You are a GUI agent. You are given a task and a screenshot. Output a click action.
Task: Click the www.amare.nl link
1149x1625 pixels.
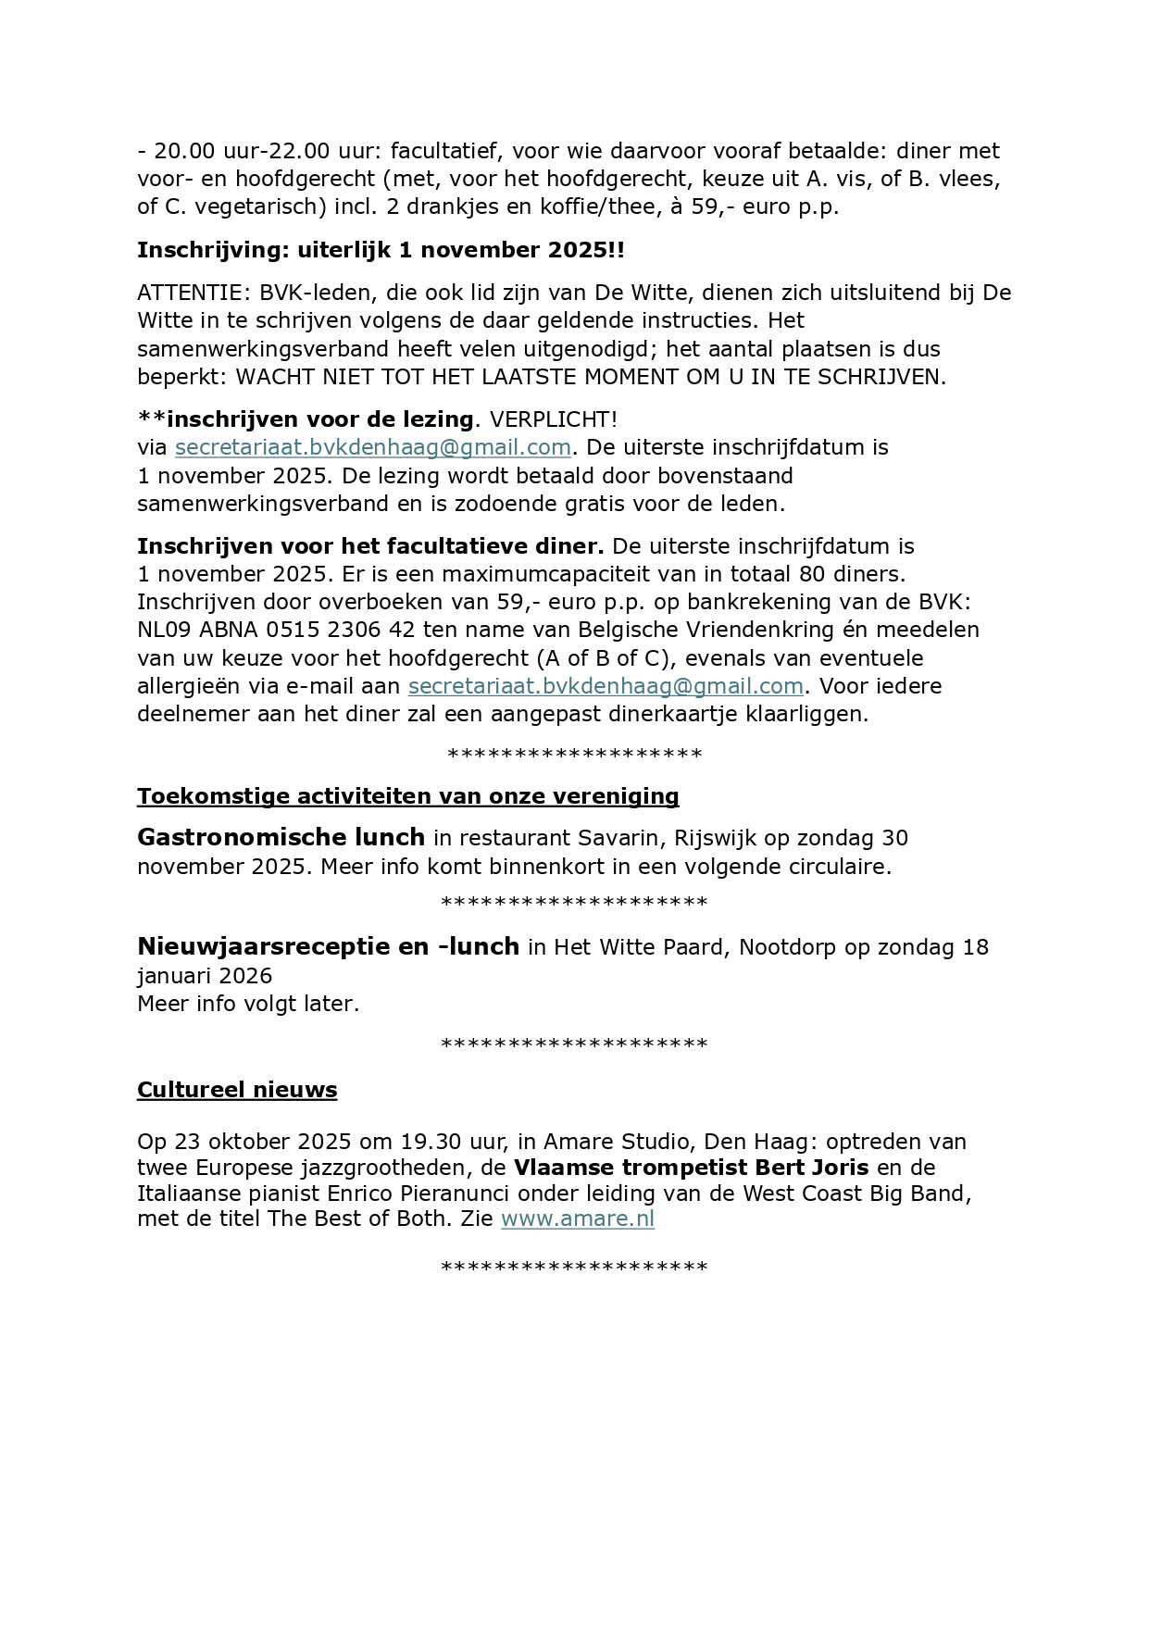point(577,1219)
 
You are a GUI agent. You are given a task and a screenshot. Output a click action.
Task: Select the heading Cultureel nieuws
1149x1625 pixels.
point(237,1090)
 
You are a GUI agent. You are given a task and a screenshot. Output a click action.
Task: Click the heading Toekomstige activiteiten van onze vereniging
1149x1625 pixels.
point(407,796)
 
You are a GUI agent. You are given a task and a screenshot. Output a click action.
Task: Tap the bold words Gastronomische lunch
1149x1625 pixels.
point(281,838)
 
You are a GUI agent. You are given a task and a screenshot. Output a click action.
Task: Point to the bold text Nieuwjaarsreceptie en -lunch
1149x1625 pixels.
point(328,947)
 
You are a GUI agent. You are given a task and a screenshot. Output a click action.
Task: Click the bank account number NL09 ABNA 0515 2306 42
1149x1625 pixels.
point(276,630)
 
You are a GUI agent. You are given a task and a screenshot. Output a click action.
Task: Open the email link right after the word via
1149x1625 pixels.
point(372,447)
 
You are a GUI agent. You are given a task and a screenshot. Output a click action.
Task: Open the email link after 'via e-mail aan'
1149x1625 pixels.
point(606,686)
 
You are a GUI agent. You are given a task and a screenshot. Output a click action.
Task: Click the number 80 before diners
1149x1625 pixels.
point(811,573)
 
